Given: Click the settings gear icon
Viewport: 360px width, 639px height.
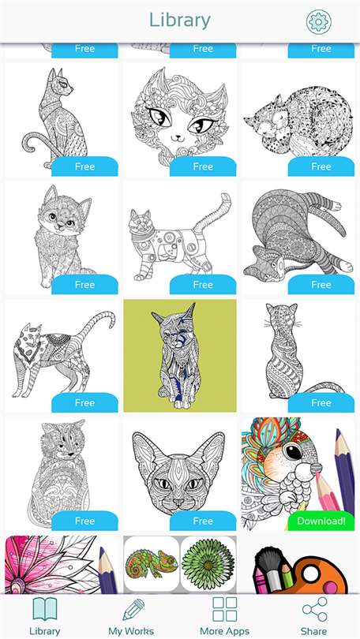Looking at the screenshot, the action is point(318,21).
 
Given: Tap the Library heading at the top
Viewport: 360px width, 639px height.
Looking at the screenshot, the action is point(179,21).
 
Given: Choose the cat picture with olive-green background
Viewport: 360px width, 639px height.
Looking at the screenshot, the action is point(180,356).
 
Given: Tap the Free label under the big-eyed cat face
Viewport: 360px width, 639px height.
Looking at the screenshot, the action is point(203,166).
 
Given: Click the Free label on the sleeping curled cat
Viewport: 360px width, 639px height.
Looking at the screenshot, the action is point(321,166).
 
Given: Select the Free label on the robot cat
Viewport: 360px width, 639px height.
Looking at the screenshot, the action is point(203,285).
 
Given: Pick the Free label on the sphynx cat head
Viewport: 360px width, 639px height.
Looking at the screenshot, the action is point(203,521).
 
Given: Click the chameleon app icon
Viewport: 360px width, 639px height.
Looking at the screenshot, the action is point(152,564).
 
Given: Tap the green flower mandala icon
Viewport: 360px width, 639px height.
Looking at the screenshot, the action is point(208,564).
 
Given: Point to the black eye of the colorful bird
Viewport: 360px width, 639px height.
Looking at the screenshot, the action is point(293,452).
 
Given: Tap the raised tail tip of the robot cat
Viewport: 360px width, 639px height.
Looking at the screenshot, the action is point(224,198).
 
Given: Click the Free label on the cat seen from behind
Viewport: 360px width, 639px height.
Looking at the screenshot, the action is point(321,402).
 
